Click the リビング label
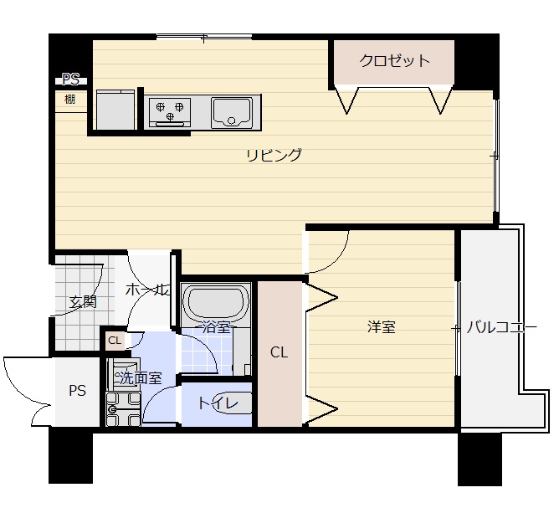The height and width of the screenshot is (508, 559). click(x=274, y=156)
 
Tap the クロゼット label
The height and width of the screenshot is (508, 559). click(x=394, y=60)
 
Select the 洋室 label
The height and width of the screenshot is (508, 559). click(x=382, y=327)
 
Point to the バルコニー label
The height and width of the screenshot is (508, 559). click(x=501, y=327)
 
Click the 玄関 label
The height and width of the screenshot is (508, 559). click(x=83, y=302)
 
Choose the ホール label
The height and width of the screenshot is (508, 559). click(x=147, y=290)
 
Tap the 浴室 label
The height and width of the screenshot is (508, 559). click(x=217, y=326)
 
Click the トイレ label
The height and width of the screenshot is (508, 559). click(x=218, y=403)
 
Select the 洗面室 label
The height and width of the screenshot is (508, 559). click(x=141, y=378)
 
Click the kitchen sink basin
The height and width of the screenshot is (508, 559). click(x=231, y=113)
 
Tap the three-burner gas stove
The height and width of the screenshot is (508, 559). click(x=170, y=112)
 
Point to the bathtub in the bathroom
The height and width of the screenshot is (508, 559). click(x=216, y=302)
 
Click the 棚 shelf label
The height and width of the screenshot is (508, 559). click(x=70, y=99)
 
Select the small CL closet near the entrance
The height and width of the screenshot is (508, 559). click(x=115, y=341)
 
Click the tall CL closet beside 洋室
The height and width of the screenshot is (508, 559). click(x=279, y=353)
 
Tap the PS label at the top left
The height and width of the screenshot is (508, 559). click(x=70, y=80)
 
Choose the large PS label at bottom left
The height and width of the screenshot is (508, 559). click(x=77, y=391)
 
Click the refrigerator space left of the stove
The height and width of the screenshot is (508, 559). click(x=115, y=110)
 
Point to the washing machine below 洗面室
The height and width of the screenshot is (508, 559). click(x=123, y=409)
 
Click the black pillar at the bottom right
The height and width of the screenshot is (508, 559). click(x=480, y=459)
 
